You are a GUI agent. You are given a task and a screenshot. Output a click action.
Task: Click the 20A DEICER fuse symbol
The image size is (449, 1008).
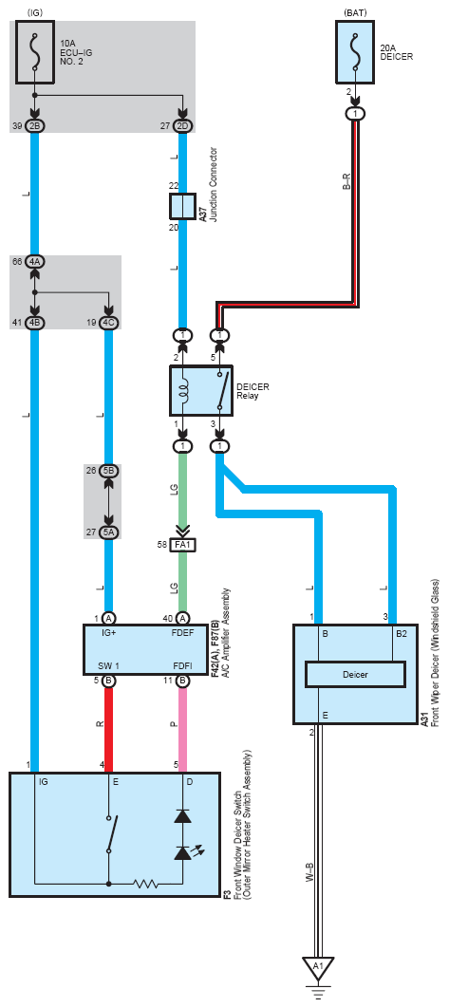pyautogui.click(x=354, y=51)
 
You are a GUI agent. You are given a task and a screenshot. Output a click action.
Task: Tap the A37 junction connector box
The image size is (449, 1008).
pyautogui.click(x=182, y=206)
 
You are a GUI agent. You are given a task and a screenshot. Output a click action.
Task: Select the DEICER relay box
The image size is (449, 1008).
pyautogui.click(x=201, y=391)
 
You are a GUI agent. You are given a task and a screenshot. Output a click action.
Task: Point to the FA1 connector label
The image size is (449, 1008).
pyautogui.click(x=182, y=545)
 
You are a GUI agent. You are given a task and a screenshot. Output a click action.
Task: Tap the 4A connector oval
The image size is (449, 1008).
pyautogui.click(x=35, y=262)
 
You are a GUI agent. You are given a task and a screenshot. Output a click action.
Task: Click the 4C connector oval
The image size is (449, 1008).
pyautogui.click(x=108, y=322)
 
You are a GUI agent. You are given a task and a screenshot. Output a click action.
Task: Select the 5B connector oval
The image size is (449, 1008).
pyautogui.click(x=108, y=471)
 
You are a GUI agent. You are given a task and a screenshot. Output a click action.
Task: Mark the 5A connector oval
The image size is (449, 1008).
pyautogui.click(x=108, y=532)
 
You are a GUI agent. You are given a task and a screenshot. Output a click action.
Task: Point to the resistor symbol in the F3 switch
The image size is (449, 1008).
pyautogui.click(x=146, y=884)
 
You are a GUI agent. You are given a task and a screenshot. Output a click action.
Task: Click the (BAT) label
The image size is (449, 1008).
pyautogui.click(x=354, y=11)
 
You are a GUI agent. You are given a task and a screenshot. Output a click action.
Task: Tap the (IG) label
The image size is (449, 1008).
pyautogui.click(x=35, y=11)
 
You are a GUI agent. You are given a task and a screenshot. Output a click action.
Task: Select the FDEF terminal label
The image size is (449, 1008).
pyautogui.click(x=180, y=632)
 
